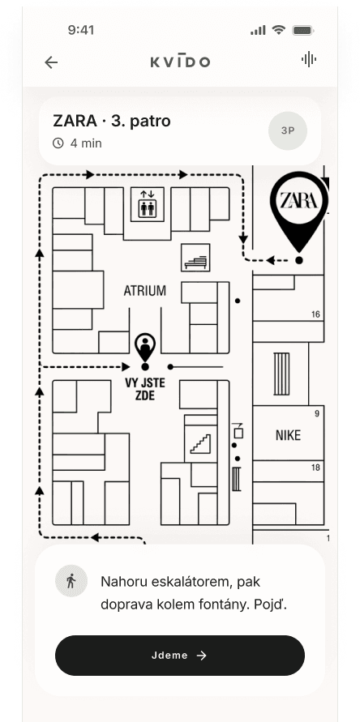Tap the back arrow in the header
click(51, 62)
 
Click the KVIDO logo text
click(180, 62)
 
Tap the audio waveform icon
click(308, 59)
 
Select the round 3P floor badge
click(288, 130)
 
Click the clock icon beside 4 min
click(58, 143)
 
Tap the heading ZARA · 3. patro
click(112, 121)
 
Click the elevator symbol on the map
click(148, 204)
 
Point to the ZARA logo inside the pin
click(299, 200)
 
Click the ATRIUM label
click(145, 291)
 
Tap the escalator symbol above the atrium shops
click(195, 258)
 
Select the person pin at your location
click(145, 347)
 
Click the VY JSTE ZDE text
click(145, 389)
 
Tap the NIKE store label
click(288, 435)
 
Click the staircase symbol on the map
click(200, 444)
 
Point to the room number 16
click(315, 315)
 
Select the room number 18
click(315, 468)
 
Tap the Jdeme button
click(180, 656)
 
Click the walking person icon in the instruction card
click(71, 581)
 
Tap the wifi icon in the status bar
click(278, 31)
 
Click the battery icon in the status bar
click(303, 31)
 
